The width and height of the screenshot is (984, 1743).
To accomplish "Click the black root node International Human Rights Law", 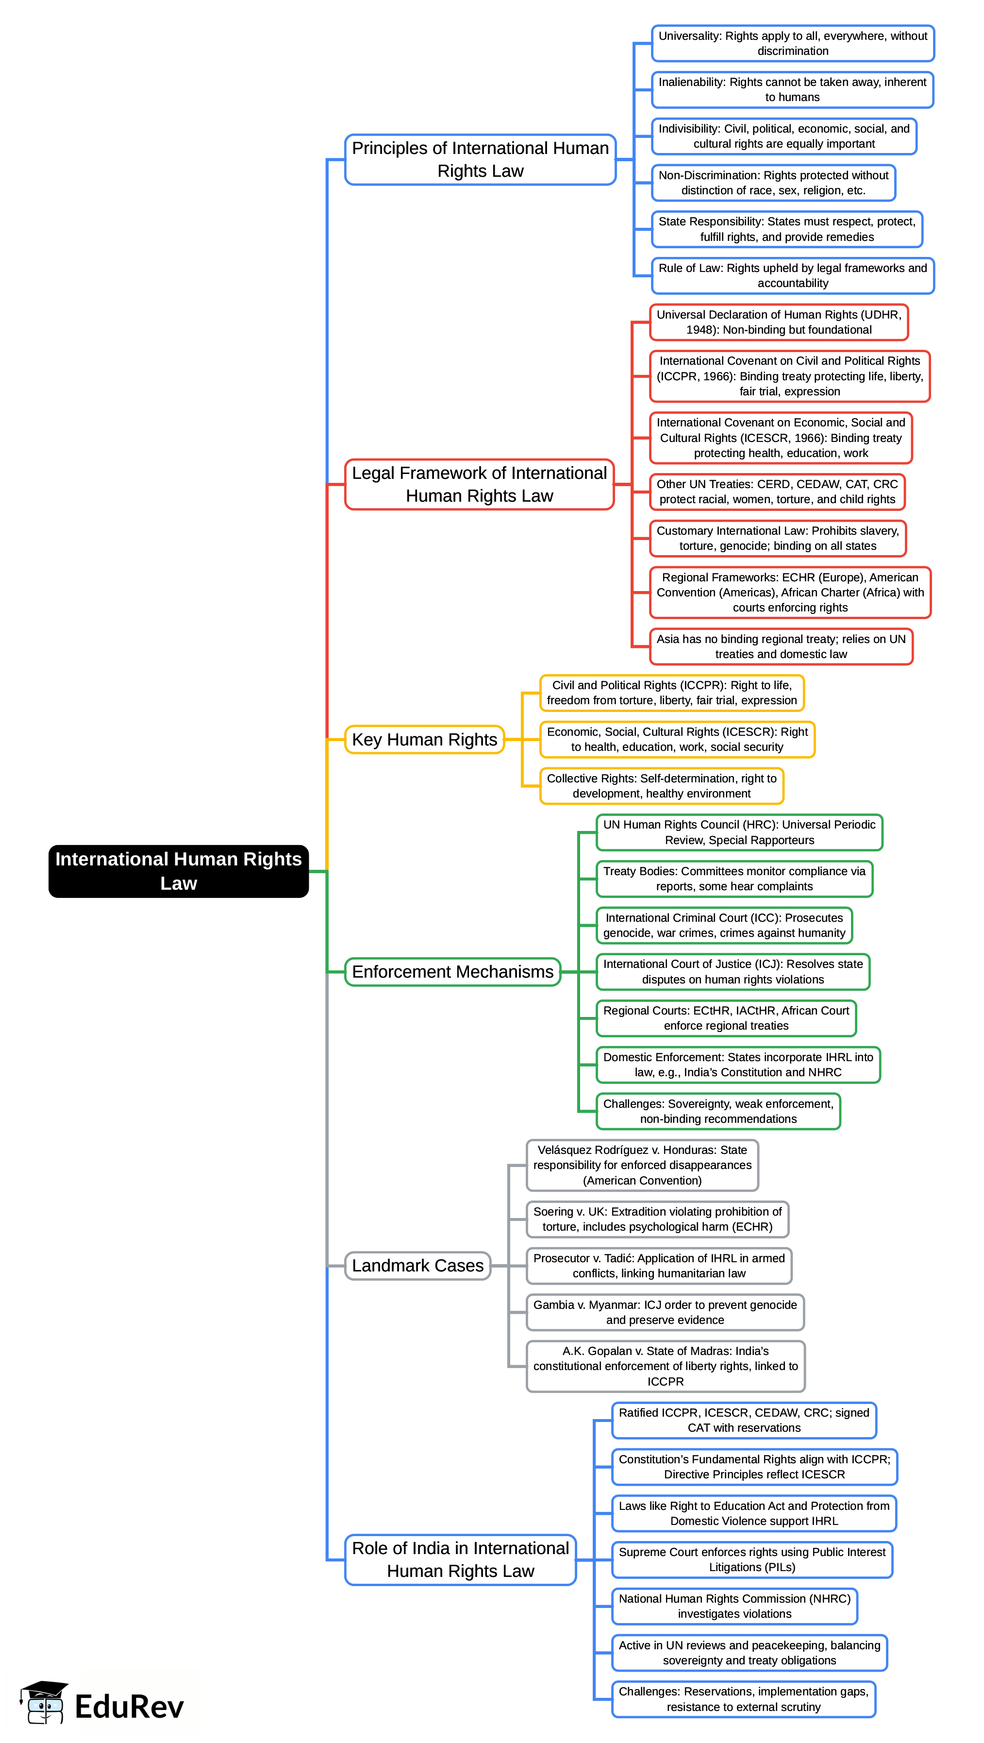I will pyautogui.click(x=179, y=871).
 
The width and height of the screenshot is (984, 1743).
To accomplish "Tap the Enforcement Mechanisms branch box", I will pyautogui.click(x=452, y=972).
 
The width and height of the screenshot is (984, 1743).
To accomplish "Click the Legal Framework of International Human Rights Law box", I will pyautogui.click(x=480, y=485).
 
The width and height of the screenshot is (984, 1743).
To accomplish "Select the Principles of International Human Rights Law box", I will pyautogui.click(x=480, y=160).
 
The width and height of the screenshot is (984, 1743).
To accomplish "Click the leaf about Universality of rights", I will pyautogui.click(x=793, y=43).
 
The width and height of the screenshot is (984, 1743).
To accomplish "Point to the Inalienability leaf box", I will pyautogui.click(x=793, y=89).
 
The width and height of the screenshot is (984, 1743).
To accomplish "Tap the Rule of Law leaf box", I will pyautogui.click(x=793, y=275).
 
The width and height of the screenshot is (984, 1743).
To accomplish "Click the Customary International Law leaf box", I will pyautogui.click(x=778, y=538).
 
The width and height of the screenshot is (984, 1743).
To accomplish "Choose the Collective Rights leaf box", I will pyautogui.click(x=661, y=786).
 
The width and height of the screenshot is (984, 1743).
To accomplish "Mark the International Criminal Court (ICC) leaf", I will pyautogui.click(x=724, y=925).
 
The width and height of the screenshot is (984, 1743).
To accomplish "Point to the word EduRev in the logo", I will pyautogui.click(x=129, y=1707).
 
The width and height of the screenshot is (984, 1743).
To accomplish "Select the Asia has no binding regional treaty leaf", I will pyautogui.click(x=781, y=646).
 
